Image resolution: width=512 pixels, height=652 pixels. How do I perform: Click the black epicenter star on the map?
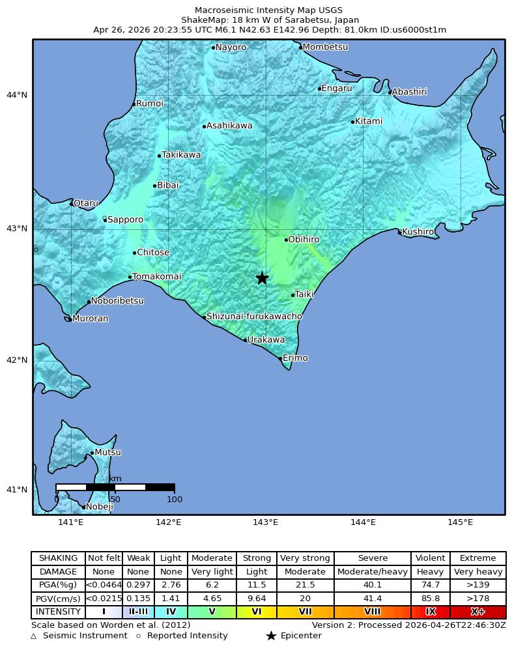[x=262, y=278]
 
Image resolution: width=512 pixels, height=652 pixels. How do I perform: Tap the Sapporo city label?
[x=125, y=220]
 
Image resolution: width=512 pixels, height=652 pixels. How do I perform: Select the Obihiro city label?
[x=304, y=240]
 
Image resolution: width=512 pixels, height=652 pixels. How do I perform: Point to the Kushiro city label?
[x=418, y=232]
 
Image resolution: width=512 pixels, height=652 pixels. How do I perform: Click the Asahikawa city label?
[x=229, y=126]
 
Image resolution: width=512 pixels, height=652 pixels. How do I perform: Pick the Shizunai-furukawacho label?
[x=254, y=317]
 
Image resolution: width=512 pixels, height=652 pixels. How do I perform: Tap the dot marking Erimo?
[x=280, y=358]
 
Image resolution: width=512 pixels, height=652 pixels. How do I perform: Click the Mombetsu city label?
[x=325, y=48]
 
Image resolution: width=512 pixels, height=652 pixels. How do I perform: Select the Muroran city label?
[x=91, y=319]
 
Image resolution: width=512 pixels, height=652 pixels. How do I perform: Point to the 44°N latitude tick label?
[x=17, y=96]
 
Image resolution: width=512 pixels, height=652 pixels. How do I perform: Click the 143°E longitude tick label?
[x=265, y=522]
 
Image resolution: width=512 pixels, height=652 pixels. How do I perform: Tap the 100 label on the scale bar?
[x=175, y=500]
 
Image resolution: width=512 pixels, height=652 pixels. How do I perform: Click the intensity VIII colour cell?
[x=372, y=612]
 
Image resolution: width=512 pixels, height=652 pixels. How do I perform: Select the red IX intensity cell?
[x=430, y=612]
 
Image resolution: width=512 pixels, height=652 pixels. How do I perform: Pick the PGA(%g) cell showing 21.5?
[x=305, y=586]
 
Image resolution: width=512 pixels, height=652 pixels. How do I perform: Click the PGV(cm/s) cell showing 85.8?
[x=430, y=599]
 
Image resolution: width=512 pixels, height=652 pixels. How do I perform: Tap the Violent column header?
[x=430, y=558]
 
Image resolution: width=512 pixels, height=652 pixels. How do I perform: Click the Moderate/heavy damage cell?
[x=372, y=572]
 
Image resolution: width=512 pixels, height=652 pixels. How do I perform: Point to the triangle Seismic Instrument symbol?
[x=34, y=636]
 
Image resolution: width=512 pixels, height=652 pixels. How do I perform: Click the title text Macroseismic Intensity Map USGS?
[x=268, y=10]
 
